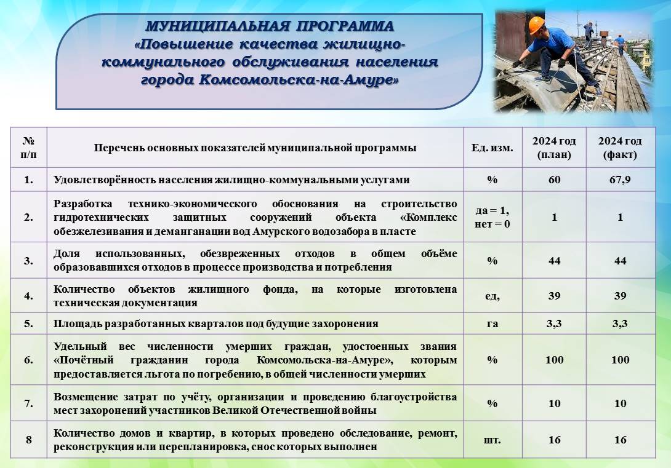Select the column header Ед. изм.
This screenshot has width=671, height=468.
coord(492,148)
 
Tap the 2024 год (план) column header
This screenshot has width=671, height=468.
coord(554,148)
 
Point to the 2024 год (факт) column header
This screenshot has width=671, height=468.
coord(620,148)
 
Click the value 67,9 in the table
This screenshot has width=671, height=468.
coord(620,180)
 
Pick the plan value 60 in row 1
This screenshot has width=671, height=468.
coord(554,180)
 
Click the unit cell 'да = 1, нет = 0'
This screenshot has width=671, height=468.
coord(492,217)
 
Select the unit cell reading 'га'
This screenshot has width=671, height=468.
coord(492,323)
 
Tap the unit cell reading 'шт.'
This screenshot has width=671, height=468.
coord(492,440)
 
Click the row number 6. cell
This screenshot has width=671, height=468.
coord(29,360)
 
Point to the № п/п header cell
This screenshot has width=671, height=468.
coord(29,148)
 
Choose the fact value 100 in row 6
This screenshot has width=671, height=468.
coord(620,360)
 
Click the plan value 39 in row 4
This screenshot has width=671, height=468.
coord(554,296)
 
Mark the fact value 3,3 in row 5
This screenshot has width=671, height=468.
coord(620,323)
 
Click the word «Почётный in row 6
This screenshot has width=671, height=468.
coord(84,360)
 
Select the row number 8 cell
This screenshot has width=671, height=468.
coord(29,440)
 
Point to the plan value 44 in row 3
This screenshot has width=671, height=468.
coord(554,261)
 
